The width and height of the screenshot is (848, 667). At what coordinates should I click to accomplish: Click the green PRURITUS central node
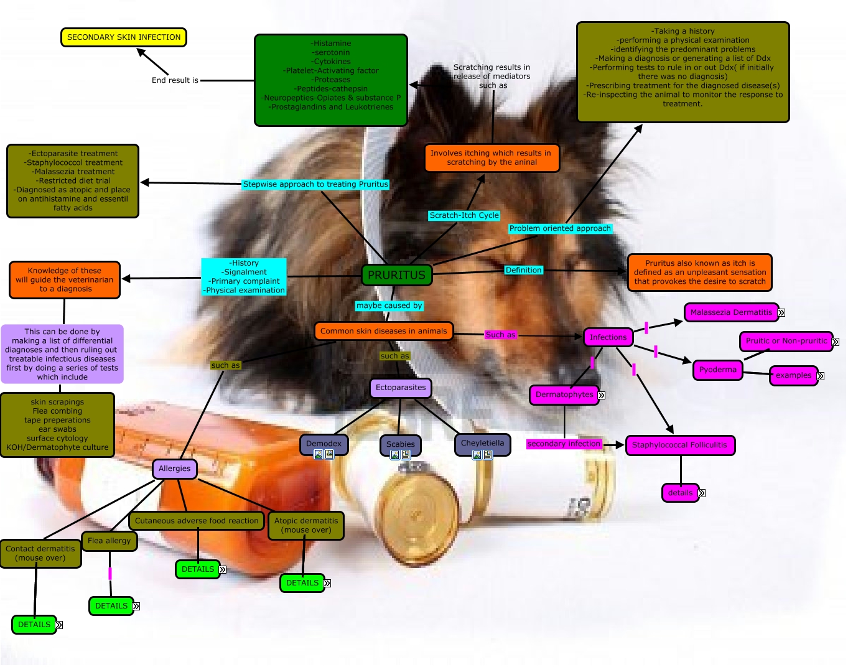click(396, 275)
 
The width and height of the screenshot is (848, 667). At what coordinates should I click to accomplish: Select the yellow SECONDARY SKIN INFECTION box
click(124, 37)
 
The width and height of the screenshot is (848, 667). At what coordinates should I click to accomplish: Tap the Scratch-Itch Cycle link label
click(464, 215)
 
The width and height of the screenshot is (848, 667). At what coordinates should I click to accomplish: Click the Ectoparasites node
click(401, 388)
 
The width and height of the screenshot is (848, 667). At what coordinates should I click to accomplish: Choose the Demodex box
click(324, 444)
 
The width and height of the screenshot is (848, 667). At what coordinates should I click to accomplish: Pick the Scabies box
click(400, 444)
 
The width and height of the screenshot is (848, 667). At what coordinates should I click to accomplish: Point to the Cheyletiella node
click(482, 443)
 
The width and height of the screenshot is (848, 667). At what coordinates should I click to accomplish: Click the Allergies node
click(174, 469)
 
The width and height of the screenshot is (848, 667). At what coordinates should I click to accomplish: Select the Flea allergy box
click(109, 541)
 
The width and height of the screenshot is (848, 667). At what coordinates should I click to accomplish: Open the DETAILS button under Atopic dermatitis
click(302, 583)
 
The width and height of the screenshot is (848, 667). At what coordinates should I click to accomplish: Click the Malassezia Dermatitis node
click(731, 312)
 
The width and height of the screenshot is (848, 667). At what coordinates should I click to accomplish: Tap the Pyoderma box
click(717, 370)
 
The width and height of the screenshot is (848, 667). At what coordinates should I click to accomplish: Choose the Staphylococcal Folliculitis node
click(679, 445)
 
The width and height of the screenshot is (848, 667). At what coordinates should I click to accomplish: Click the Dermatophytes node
click(564, 394)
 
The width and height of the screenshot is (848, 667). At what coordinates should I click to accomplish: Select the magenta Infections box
click(608, 337)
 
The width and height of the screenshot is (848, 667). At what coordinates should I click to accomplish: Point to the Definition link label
click(523, 270)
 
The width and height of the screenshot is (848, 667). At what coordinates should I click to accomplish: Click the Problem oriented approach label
click(560, 228)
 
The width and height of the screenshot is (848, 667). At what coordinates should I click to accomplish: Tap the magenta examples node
click(793, 375)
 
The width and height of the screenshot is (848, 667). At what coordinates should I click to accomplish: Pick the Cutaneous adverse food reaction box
click(197, 521)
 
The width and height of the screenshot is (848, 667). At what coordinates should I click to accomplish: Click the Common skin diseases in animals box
click(383, 331)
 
